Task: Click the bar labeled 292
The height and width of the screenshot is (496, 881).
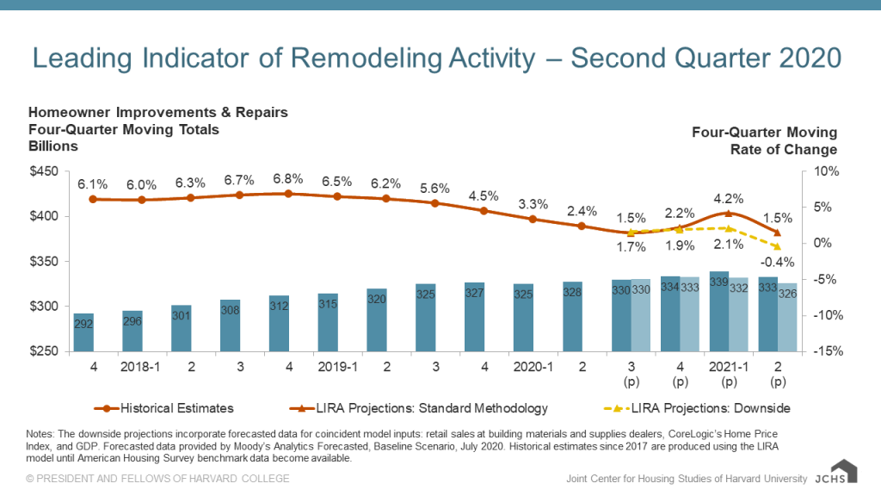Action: pos(83,332)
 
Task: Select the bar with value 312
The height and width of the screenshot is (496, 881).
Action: pos(279,324)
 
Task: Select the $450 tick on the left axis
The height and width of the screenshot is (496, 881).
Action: pos(43,172)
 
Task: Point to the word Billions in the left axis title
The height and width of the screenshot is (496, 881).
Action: pos(53,146)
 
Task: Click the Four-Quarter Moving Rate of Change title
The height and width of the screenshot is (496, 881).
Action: pos(764,140)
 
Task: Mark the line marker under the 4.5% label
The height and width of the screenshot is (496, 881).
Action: pos(484,211)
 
